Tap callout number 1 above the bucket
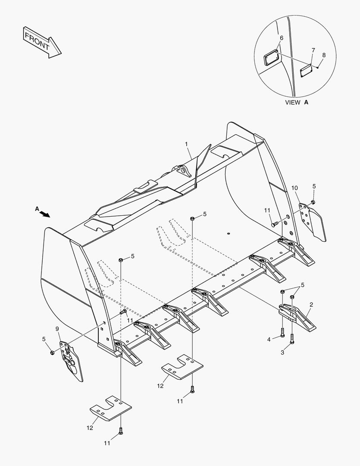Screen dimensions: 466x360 click(x=187, y=143)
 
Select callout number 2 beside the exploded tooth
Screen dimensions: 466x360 click(x=311, y=305)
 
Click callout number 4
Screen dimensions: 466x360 click(x=269, y=340)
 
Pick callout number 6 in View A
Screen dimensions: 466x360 click(x=282, y=38)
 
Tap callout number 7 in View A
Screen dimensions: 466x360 click(x=313, y=50)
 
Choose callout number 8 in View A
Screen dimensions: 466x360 click(x=324, y=55)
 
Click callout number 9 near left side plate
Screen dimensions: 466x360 click(x=57, y=329)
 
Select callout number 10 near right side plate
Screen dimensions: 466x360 click(x=294, y=188)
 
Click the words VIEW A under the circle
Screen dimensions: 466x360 click(x=297, y=103)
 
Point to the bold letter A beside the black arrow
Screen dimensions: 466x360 click(x=37, y=209)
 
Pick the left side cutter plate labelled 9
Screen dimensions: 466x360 click(x=71, y=360)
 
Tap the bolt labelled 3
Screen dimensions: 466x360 click(x=292, y=339)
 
